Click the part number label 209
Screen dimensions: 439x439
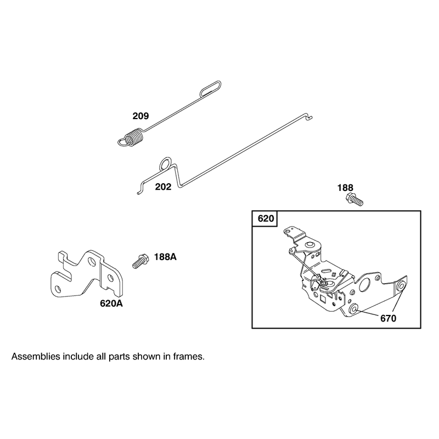click(140, 116)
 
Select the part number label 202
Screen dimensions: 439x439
click(163, 187)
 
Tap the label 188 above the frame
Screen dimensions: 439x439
click(345, 188)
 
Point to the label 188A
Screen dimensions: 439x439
click(165, 257)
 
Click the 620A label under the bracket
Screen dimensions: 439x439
click(111, 303)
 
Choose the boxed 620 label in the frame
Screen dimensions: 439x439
click(266, 218)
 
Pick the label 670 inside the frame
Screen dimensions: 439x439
click(389, 318)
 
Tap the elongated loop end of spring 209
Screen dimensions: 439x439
click(211, 88)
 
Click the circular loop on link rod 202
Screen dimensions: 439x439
click(165, 164)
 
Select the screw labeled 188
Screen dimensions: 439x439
click(354, 199)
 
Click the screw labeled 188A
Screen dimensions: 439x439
click(140, 261)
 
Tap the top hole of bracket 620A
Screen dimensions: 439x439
click(92, 262)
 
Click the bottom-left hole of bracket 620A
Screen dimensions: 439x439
click(59, 288)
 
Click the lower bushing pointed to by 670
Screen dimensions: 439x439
click(353, 309)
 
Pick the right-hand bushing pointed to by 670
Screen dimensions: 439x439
click(401, 285)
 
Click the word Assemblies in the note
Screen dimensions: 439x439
click(36, 357)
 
